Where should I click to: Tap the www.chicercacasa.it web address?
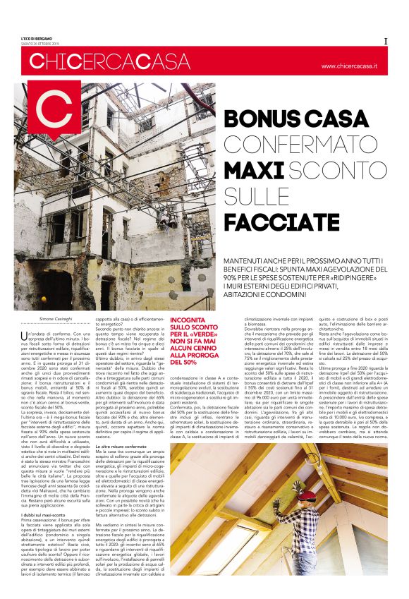tap(349, 66)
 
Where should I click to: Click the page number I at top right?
tap(386, 41)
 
